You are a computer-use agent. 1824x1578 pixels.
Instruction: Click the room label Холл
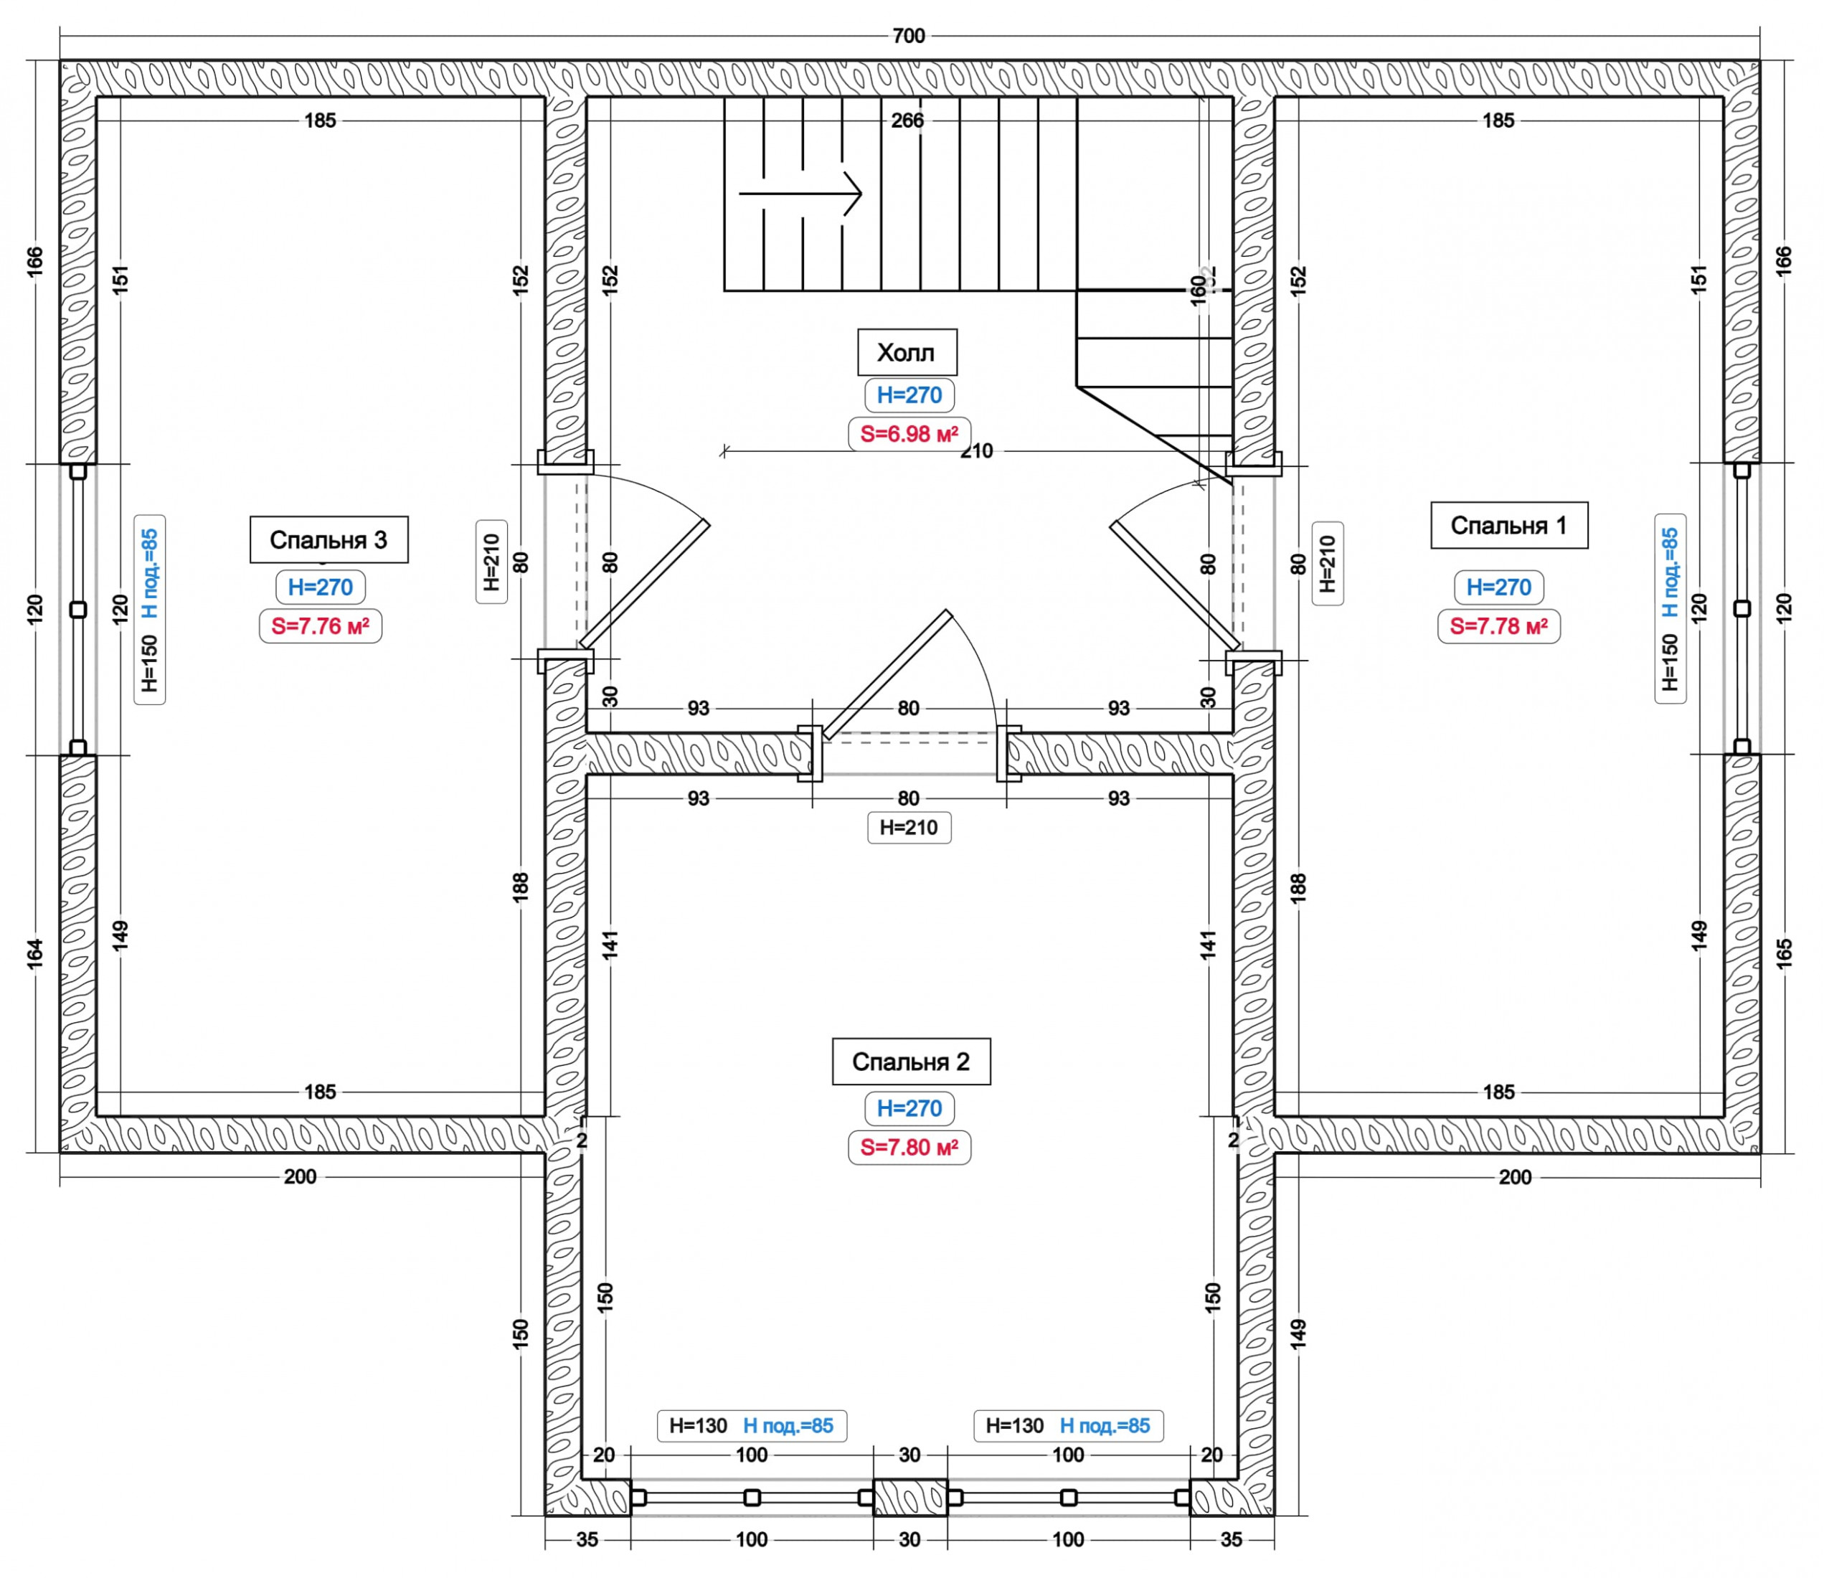pos(907,352)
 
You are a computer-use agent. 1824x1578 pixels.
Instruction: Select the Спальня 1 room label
pos(1508,526)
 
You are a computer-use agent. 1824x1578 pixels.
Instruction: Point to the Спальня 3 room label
pos(329,540)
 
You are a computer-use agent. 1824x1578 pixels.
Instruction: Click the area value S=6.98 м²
pos(909,433)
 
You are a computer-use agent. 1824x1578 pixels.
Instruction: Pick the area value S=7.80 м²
pos(909,1148)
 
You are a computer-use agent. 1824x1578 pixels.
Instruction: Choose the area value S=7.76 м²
pos(320,626)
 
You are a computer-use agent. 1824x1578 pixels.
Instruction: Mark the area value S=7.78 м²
pos(1498,626)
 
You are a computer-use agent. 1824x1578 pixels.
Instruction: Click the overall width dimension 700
pos(909,36)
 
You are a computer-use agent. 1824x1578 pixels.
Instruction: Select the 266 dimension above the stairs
pos(907,121)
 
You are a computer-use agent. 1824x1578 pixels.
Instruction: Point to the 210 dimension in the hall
pos(976,452)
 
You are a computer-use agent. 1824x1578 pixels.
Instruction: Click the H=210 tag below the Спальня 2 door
pos(909,828)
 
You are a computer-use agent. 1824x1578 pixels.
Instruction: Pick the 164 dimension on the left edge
pos(35,954)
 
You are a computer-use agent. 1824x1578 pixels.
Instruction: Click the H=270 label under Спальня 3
pos(320,587)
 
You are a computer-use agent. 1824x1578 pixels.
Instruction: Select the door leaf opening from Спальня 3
pos(644,584)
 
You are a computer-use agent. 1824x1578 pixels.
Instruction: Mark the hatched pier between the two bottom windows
pos(909,1497)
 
